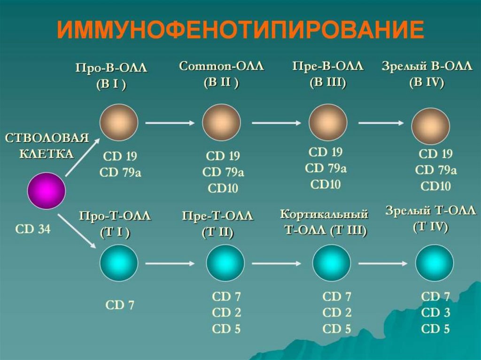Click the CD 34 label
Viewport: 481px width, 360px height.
coord(32,230)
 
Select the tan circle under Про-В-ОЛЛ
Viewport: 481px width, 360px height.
coord(119,123)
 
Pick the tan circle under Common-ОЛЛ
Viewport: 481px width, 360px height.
coord(221,123)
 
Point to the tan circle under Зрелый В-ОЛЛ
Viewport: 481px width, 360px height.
coord(430,125)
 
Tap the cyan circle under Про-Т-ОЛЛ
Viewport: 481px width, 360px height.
coord(119,263)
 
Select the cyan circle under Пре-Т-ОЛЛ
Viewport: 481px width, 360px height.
coord(225,263)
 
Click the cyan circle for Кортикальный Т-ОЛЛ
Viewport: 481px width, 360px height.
coord(331,263)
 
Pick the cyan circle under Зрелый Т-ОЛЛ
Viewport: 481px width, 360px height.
coord(434,263)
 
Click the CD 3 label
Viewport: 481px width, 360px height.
coord(436,313)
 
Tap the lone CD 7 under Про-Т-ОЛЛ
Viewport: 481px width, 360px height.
coord(120,305)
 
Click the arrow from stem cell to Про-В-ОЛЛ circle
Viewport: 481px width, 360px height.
coord(82,157)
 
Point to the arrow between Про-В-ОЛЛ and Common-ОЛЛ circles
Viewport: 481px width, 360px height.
coord(170,123)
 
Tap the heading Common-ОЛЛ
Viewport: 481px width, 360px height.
coord(221,67)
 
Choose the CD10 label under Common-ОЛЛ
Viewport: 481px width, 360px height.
coord(223,188)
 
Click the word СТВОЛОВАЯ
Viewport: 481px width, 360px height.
coord(47,138)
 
